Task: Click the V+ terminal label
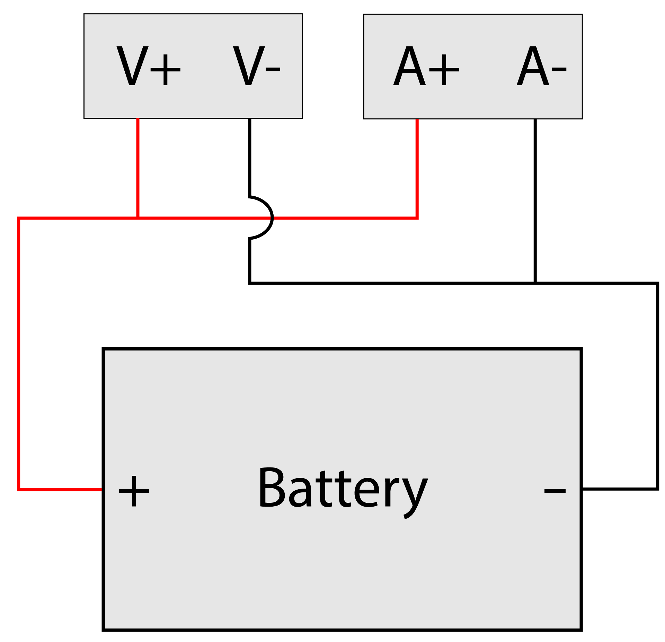pyautogui.click(x=148, y=66)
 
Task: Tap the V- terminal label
pyautogui.click(x=256, y=66)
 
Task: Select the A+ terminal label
pyautogui.click(x=426, y=66)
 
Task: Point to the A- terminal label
pyautogui.click(x=541, y=66)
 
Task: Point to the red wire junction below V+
pyautogui.click(x=138, y=218)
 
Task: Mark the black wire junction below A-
pyautogui.click(x=535, y=283)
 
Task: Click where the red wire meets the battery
pyautogui.click(x=103, y=489)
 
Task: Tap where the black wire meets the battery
pyautogui.click(x=582, y=489)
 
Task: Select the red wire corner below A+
pyautogui.click(x=417, y=218)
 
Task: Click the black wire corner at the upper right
pyautogui.click(x=657, y=283)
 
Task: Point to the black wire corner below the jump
pyautogui.click(x=250, y=283)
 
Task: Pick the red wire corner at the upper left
pyautogui.click(x=18, y=218)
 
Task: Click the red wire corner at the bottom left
pyautogui.click(x=18, y=489)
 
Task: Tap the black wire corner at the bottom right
pyautogui.click(x=657, y=489)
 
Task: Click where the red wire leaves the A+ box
pyautogui.click(x=417, y=120)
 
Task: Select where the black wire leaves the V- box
pyautogui.click(x=250, y=119)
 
